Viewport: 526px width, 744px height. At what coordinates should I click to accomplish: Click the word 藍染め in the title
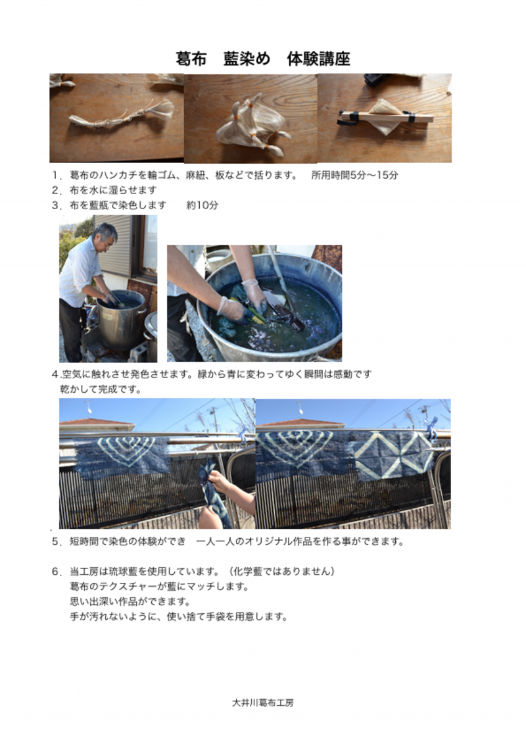[247, 59]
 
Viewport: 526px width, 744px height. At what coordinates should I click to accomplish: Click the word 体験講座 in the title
[319, 59]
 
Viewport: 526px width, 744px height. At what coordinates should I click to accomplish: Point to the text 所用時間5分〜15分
[355, 175]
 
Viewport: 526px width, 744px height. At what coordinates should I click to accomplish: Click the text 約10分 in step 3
[203, 205]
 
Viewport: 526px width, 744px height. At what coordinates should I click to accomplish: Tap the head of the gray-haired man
[105, 235]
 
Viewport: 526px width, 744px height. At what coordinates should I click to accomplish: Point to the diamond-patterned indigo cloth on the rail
[394, 455]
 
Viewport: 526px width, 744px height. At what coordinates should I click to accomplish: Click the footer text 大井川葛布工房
[263, 703]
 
